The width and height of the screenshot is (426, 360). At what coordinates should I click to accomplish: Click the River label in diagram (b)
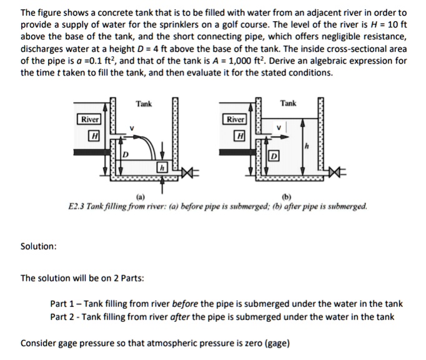coord(235,119)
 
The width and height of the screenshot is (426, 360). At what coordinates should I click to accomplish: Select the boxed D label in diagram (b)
coord(273,155)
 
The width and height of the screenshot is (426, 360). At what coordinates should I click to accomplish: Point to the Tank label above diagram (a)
coord(144,104)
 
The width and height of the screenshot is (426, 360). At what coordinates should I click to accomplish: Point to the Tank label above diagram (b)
coord(289,103)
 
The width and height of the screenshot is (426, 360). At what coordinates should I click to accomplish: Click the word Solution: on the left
coord(39,246)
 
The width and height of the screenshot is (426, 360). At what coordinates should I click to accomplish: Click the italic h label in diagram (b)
coord(307,147)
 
